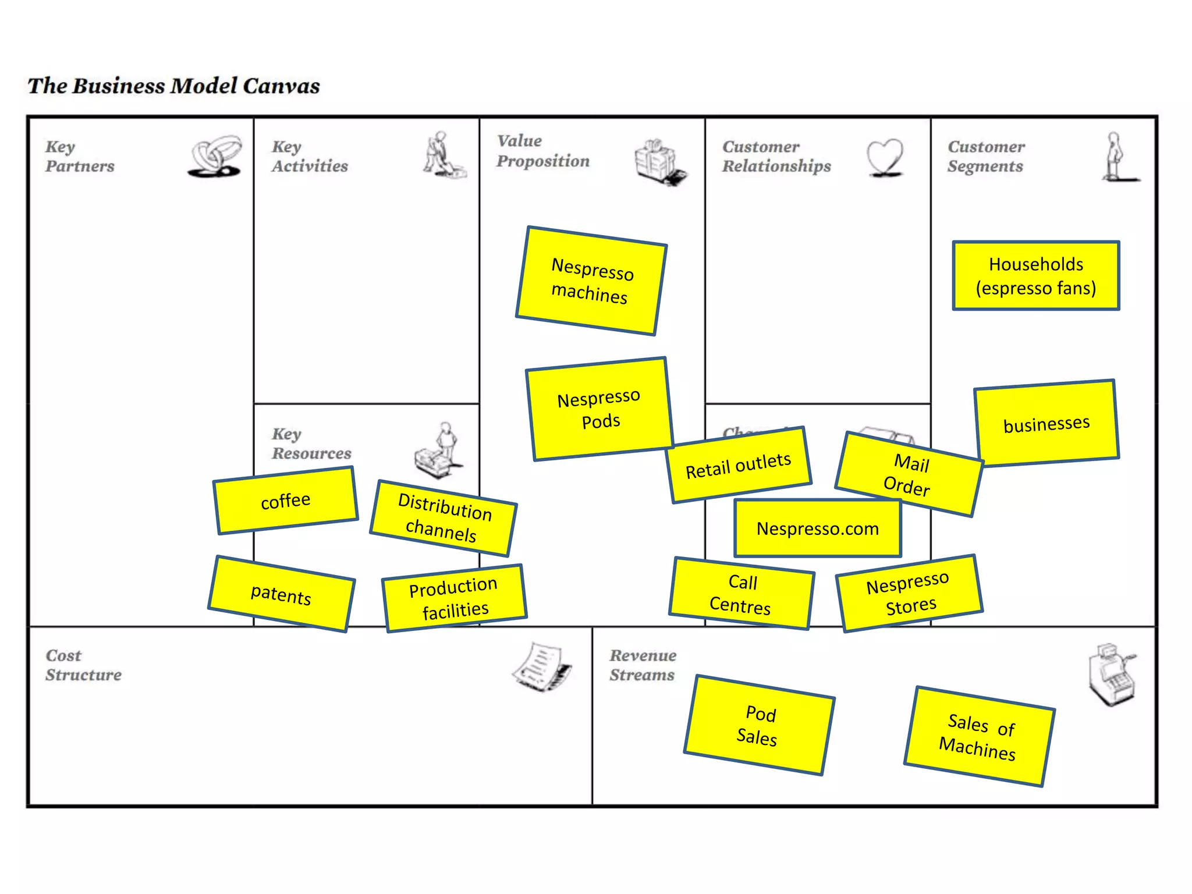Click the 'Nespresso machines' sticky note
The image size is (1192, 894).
pyautogui.click(x=591, y=281)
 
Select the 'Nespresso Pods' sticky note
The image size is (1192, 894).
pyautogui.click(x=599, y=409)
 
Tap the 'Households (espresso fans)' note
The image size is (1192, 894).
pyautogui.click(x=1036, y=276)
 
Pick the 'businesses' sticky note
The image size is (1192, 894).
pyautogui.click(x=1046, y=423)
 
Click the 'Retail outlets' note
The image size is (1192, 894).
pyautogui.click(x=739, y=466)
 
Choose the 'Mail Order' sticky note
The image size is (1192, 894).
pyautogui.click(x=909, y=474)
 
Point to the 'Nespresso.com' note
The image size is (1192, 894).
pyautogui.click(x=817, y=528)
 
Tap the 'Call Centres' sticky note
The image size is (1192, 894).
pyautogui.click(x=741, y=594)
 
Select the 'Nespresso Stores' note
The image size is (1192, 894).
pyautogui.click(x=909, y=593)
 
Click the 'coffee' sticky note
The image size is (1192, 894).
pyautogui.click(x=285, y=501)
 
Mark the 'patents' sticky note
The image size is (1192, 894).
pyautogui.click(x=281, y=594)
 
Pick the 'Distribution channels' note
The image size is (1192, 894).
pyautogui.click(x=443, y=517)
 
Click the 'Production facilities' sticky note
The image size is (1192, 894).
pyautogui.click(x=454, y=598)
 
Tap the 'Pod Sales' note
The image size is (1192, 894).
pyautogui.click(x=758, y=725)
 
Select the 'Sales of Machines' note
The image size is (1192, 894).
pyautogui.click(x=979, y=737)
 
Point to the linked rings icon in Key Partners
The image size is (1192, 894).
pyautogui.click(x=215, y=156)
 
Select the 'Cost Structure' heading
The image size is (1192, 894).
pyautogui.click(x=83, y=665)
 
